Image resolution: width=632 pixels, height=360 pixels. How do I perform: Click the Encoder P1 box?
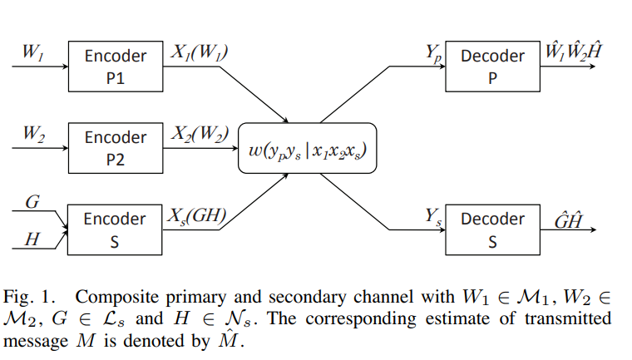[x=116, y=67]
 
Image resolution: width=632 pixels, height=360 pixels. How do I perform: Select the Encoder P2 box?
[x=116, y=148]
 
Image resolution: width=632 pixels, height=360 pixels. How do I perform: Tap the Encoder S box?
[x=116, y=229]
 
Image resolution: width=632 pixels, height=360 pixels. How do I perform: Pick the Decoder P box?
[x=491, y=67]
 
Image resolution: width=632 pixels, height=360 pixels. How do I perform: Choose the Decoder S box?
[x=491, y=229]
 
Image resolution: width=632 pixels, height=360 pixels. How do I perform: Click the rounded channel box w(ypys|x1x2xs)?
[x=308, y=148]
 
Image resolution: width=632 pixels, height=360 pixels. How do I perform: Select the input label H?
[x=32, y=239]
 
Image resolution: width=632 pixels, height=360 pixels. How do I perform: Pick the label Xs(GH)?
[x=198, y=216]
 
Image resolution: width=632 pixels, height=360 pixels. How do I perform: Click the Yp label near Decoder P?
[x=433, y=54]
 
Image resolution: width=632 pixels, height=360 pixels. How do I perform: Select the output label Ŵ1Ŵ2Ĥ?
[x=572, y=52]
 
